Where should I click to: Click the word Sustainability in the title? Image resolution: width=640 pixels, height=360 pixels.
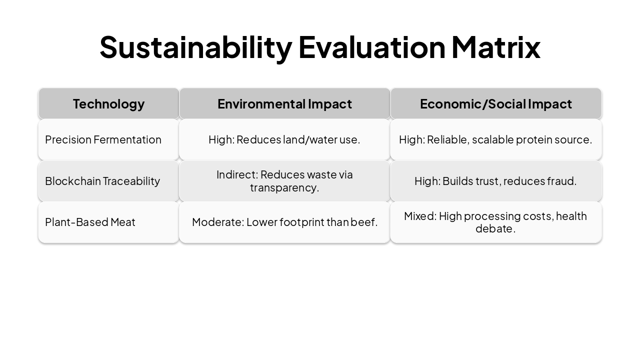tap(195, 47)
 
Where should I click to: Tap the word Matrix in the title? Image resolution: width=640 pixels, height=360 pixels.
tap(495, 47)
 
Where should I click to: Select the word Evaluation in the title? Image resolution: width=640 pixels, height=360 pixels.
tap(371, 47)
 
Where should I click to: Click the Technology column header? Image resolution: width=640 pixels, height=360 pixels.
tap(108, 104)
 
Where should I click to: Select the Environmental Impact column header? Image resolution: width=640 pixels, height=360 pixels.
tap(284, 104)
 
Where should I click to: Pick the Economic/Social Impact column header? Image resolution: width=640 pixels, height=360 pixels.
tap(495, 104)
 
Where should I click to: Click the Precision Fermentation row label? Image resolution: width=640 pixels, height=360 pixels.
tap(103, 139)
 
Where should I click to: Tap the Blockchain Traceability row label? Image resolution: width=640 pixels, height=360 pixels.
tap(102, 181)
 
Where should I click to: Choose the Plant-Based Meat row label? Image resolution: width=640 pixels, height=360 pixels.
tap(90, 222)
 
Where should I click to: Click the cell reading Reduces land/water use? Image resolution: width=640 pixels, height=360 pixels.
tap(284, 139)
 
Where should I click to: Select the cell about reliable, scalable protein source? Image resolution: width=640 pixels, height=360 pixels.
tap(495, 139)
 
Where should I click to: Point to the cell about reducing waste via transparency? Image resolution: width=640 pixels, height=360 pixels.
tap(284, 181)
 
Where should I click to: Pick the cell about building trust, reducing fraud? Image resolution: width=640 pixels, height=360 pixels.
tap(495, 181)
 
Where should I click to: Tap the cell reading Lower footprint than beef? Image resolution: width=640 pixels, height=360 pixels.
tap(284, 222)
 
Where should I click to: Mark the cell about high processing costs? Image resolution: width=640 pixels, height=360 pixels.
tap(495, 222)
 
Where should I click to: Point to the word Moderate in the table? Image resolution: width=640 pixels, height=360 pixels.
tap(217, 222)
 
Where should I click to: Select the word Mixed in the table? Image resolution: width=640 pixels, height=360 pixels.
tap(420, 216)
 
